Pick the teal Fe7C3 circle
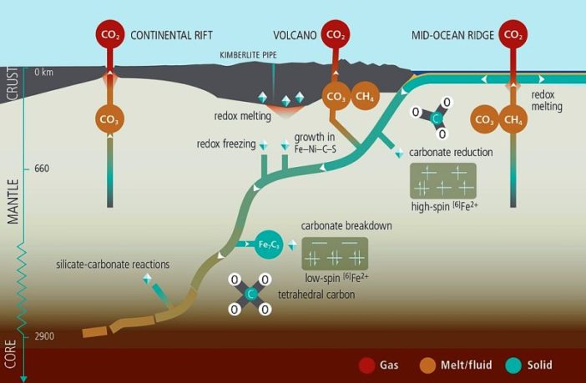tap(268, 244)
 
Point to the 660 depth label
tap(42, 169)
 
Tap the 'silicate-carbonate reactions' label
tap(113, 264)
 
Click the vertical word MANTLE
tap(12, 201)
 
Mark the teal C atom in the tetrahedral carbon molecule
tap(250, 295)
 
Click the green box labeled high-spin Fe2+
tap(443, 179)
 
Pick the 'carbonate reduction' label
tap(451, 152)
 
